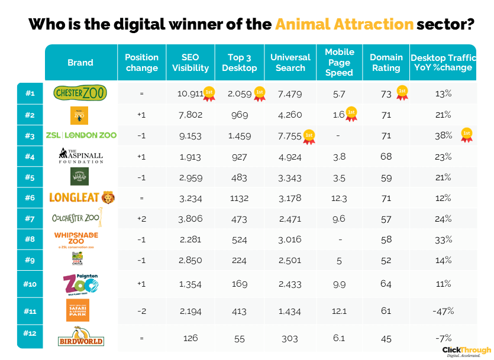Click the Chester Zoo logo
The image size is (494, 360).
pyautogui.click(x=81, y=93)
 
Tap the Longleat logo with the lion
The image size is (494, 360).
pyautogui.click(x=82, y=197)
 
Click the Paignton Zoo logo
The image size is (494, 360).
pyautogui.click(x=81, y=284)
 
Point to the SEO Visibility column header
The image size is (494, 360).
pyautogui.click(x=191, y=62)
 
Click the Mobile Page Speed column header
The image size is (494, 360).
pyautogui.click(x=339, y=62)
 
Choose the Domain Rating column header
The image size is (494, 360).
pyautogui.click(x=386, y=62)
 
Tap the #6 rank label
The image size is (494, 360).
pyautogui.click(x=30, y=197)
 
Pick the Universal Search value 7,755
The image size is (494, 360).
pyautogui.click(x=288, y=135)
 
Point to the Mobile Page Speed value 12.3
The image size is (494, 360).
pyautogui.click(x=339, y=197)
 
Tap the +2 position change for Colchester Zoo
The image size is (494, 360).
pyautogui.click(x=141, y=219)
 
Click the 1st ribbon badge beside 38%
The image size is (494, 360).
pyautogui.click(x=466, y=134)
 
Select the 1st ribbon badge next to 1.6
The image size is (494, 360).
pyautogui.click(x=351, y=113)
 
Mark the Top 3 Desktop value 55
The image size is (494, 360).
pyautogui.click(x=239, y=338)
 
